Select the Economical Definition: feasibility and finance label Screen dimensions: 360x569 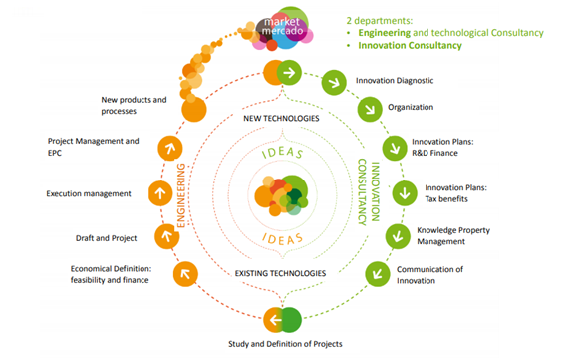(110, 274)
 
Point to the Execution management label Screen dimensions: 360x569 (89, 192)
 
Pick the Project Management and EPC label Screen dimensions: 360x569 (93, 147)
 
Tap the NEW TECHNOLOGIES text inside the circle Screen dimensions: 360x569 (280, 119)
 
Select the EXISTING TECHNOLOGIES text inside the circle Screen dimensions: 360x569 (280, 272)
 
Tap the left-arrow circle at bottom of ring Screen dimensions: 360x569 (277, 319)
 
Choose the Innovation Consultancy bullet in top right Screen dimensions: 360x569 (410, 46)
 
